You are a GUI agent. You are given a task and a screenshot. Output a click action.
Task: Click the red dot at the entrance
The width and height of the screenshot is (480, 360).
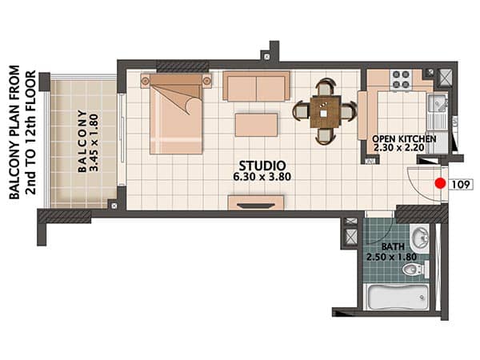pos(440,183)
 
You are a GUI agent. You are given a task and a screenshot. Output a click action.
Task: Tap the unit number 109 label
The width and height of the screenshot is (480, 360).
pos(461,184)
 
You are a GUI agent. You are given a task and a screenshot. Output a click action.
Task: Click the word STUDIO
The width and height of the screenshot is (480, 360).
pos(262,166)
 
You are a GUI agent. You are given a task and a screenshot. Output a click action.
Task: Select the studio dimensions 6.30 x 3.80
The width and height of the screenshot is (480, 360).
pos(262,177)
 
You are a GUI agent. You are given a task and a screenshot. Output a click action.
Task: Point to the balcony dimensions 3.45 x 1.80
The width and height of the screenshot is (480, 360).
pos(94,142)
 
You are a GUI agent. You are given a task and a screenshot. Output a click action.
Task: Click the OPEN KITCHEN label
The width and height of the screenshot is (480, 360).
pos(404,138)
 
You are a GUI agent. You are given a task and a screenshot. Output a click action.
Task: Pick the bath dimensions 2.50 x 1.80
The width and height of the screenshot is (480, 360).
pos(391,257)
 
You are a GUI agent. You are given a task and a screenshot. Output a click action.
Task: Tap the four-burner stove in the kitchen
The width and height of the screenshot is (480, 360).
pos(401,79)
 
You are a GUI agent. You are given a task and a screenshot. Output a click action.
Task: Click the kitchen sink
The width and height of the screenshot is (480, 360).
pos(438,103)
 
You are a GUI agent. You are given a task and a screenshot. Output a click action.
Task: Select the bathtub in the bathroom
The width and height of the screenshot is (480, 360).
pos(398,297)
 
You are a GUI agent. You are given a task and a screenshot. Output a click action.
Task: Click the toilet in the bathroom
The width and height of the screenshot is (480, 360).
pos(414,270)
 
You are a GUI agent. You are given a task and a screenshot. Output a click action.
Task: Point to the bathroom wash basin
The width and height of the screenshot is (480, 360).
pos(420,238)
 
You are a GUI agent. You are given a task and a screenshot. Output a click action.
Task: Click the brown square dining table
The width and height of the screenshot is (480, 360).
pos(325,111)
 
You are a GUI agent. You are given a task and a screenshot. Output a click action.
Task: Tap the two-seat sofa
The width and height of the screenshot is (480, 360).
pos(256,86)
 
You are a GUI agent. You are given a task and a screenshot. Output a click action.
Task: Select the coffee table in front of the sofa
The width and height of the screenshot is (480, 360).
pos(257,125)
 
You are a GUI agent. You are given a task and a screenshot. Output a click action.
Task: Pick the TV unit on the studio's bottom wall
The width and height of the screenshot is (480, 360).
pos(256,202)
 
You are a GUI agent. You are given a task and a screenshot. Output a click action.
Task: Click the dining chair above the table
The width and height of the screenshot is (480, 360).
pos(325,86)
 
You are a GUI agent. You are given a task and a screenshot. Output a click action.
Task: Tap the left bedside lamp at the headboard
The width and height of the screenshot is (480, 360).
pos(145,81)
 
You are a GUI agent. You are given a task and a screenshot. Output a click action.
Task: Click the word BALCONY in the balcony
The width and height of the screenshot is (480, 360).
pos(82,141)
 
